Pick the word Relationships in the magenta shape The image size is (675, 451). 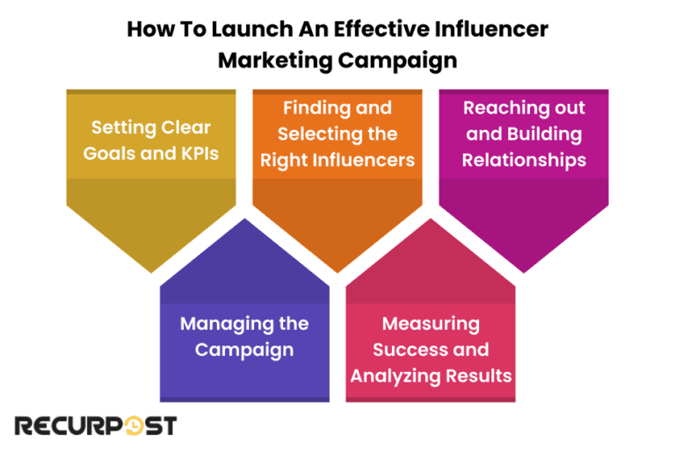[x=524, y=160]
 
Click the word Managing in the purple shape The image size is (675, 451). [x=216, y=324]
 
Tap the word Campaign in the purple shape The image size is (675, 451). [x=244, y=349]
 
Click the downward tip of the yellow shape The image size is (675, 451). [x=150, y=269]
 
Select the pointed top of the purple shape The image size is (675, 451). [x=244, y=221]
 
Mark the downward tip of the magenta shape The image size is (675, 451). [x=524, y=269]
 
